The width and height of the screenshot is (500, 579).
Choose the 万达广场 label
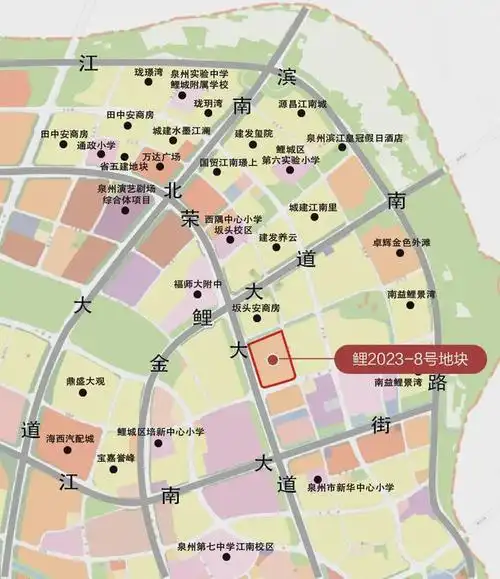tap(160, 157)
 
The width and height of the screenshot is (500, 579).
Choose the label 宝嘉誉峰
tap(115, 457)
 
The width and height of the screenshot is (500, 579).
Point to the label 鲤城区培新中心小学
tap(160, 431)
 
